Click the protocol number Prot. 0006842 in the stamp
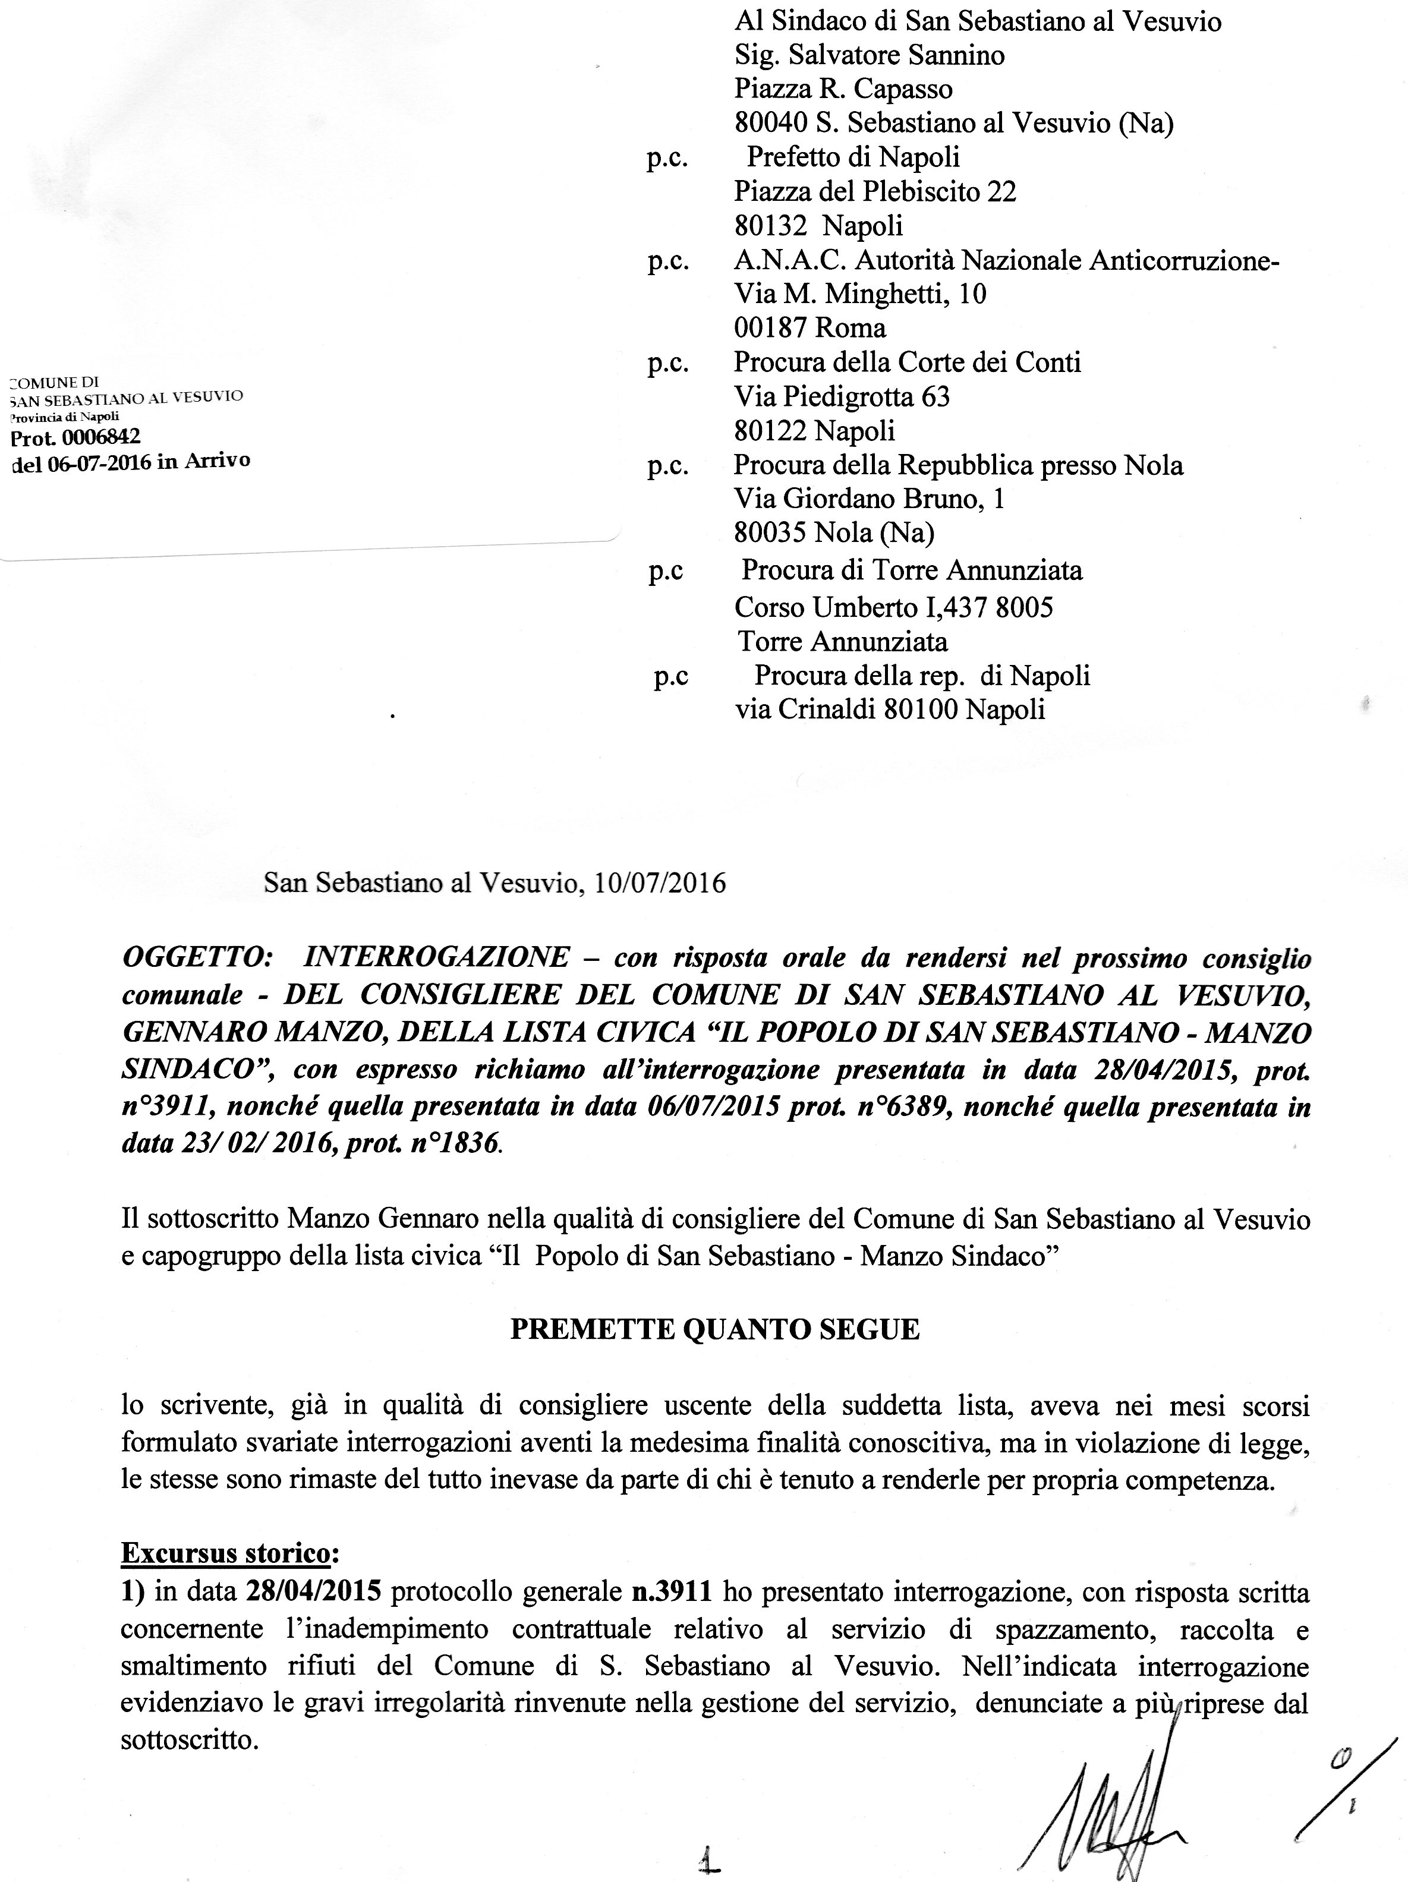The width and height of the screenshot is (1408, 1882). point(75,436)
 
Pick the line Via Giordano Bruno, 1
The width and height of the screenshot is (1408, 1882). point(868,499)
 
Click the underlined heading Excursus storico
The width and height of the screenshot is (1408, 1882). point(225,1553)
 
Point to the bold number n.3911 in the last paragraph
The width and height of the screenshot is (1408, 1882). point(671,1590)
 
